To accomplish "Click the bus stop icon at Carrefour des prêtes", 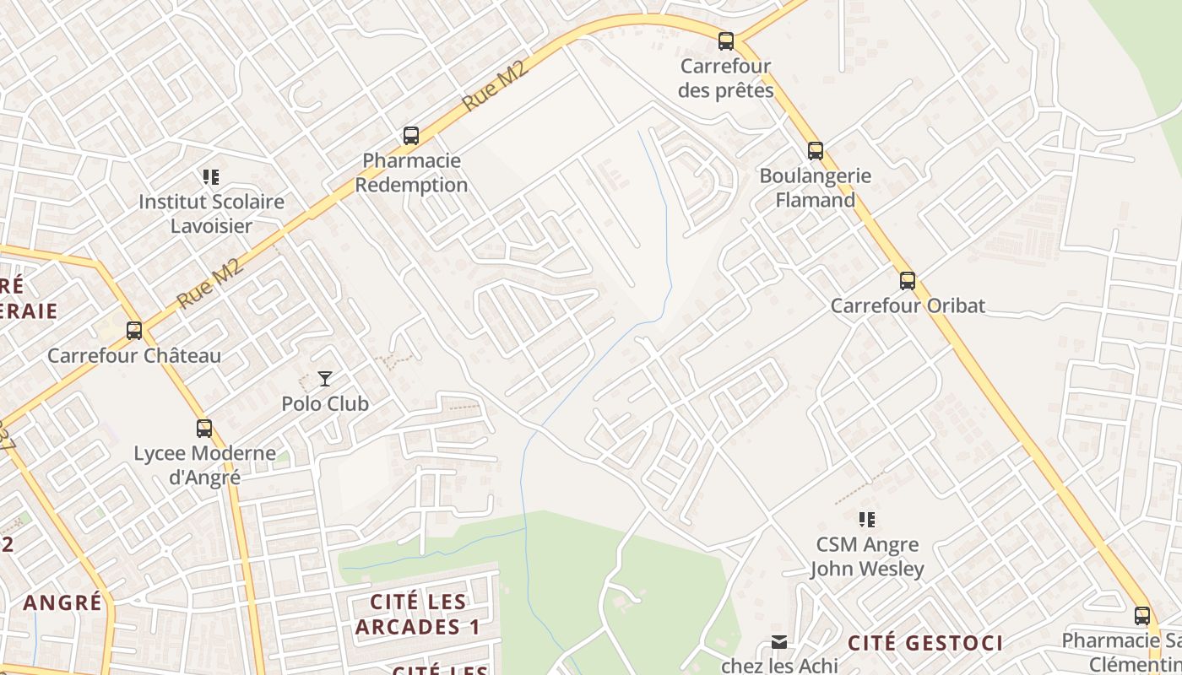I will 725,40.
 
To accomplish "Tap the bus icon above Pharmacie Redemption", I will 411,135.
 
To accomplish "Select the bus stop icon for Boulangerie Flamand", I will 815,151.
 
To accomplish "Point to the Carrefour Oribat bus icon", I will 908,280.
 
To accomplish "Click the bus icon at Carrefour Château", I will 134,330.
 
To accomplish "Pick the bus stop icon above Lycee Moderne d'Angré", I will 204,428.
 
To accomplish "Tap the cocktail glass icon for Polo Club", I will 325,379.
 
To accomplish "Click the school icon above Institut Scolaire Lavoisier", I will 211,177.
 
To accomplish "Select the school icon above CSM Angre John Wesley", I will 867,519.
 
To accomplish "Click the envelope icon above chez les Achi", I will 779,643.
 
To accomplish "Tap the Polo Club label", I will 325,404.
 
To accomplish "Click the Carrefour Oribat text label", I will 908,305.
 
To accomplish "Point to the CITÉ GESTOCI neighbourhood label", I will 925,643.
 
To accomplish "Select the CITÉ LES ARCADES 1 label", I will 418,614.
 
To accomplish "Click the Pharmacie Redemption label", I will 411,172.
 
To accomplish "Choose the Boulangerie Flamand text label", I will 815,188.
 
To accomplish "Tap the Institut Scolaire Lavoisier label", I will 211,214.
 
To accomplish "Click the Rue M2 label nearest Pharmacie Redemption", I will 496,85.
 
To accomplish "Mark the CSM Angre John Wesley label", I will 867,557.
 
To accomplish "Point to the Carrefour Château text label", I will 134,355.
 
